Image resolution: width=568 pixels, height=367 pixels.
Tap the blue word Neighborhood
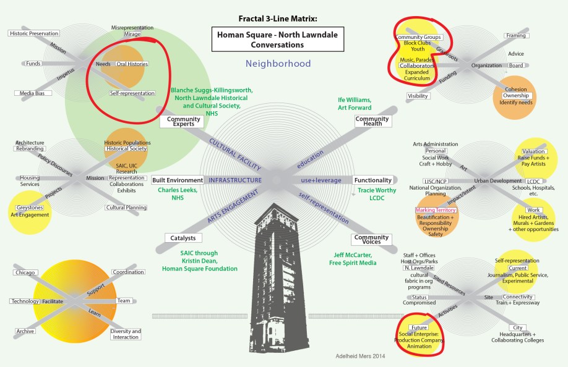[x=269, y=64]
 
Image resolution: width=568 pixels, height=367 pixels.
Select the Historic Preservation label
[x=35, y=33]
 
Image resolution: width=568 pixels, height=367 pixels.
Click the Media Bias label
[x=29, y=93]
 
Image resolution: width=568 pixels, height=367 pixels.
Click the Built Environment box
[x=178, y=180]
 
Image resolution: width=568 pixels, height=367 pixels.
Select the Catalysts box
[x=180, y=238]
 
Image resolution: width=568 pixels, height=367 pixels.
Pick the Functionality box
[x=372, y=180]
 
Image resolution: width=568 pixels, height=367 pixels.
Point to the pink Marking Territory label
[x=436, y=211]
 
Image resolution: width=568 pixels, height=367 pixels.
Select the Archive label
[x=26, y=331]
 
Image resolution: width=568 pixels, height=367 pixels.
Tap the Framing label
[x=515, y=36]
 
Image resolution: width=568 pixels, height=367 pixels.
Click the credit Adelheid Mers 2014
[x=354, y=356]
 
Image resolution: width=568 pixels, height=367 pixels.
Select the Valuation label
[x=533, y=151]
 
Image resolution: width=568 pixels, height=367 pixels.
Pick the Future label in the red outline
[x=410, y=327]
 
